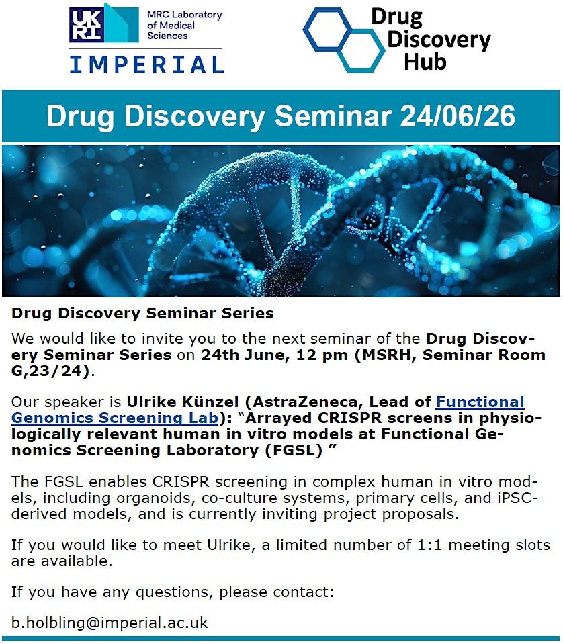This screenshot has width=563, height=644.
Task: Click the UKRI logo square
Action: point(86,25)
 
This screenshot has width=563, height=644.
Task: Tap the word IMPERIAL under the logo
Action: point(146,65)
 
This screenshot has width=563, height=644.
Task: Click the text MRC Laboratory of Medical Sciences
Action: point(185,25)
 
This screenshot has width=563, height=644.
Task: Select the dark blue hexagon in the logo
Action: point(329,30)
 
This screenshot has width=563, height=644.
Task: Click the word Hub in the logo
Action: point(425,62)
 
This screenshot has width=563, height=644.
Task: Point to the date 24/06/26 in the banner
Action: point(458,116)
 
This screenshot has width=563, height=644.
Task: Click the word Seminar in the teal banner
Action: point(333,116)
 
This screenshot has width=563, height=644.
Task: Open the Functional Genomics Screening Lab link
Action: point(267,410)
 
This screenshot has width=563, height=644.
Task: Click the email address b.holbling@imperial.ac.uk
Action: point(110,623)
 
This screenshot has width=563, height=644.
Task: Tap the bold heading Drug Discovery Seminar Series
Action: point(142,314)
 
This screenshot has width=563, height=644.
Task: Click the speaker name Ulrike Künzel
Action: point(183,402)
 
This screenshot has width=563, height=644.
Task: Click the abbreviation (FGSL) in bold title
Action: point(294,450)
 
